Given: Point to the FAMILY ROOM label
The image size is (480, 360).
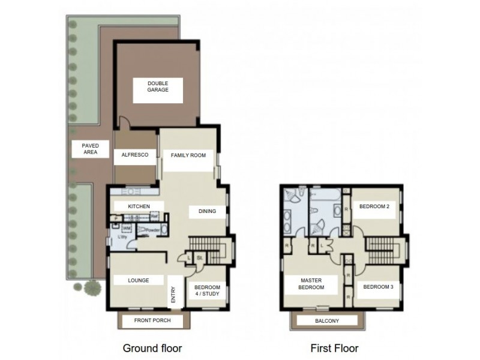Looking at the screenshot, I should pos(188,155).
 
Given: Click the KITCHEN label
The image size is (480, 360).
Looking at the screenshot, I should pos(139,206).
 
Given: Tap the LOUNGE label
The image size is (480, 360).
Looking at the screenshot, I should pos(138,280).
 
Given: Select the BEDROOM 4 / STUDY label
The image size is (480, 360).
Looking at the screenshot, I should pos(207,291).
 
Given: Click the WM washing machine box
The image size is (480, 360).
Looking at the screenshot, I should pos(127,229).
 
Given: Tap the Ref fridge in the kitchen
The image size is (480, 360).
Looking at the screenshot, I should pos(154,217).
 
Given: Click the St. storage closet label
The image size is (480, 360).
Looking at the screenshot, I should pos(200,259).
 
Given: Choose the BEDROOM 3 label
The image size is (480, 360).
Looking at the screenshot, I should pos(379,286).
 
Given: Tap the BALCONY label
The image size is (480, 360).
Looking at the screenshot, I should pos(327,321).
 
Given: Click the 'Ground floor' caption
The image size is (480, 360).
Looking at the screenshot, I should pos(152,347).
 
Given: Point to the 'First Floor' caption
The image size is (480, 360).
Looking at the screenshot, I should pos(334,347).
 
